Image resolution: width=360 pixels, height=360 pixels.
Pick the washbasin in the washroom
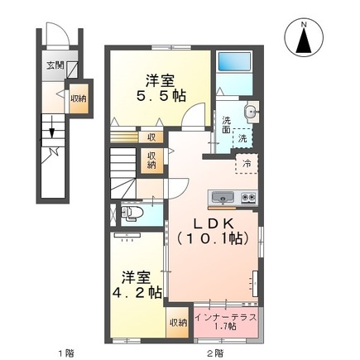click(252, 113)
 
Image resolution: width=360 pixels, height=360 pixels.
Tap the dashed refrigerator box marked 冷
click(247, 164)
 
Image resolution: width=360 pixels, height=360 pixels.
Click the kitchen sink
click(223, 197)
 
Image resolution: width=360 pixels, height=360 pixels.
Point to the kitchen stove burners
click(247, 197)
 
